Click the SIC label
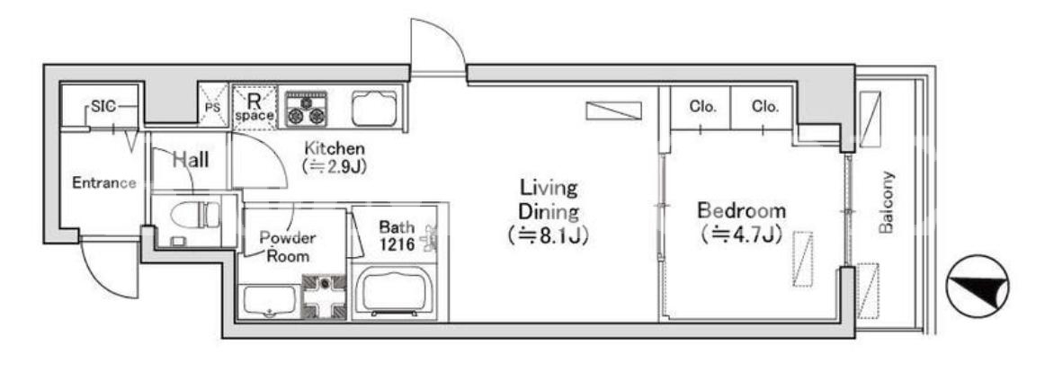103,106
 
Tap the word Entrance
104,183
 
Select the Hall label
191,160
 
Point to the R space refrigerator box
255,107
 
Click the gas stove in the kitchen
306,109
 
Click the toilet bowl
194,214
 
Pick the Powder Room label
288,247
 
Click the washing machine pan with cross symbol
324,297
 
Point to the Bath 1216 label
397,235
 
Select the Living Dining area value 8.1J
548,235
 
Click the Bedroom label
742,211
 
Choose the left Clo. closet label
702,106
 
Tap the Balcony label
886,202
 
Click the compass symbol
977,286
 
